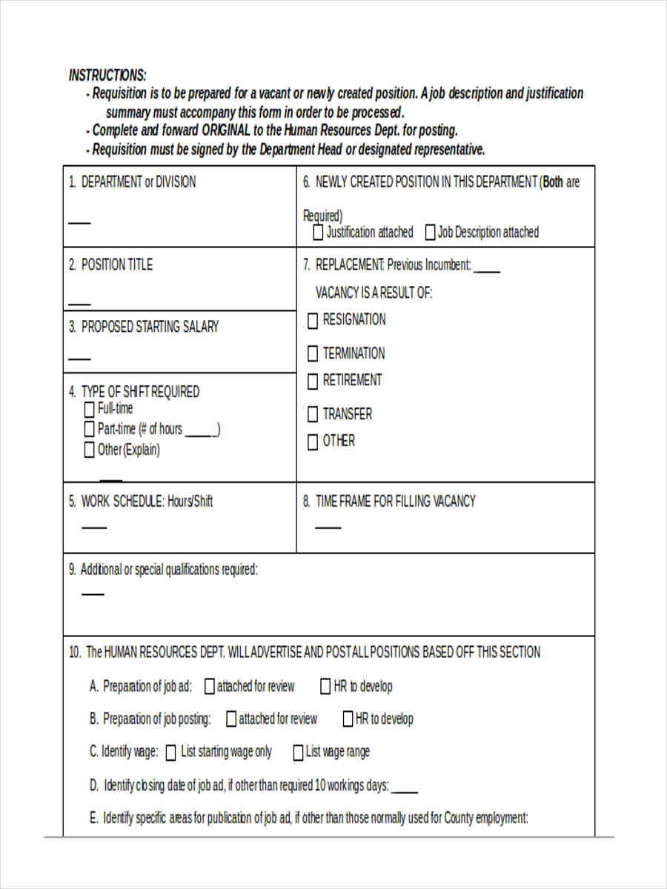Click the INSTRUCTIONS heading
[x=107, y=76]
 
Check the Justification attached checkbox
[x=318, y=233]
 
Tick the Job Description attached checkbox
[x=430, y=233]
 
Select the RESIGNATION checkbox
[x=313, y=321]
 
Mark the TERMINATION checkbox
[x=313, y=354]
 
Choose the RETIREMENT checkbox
[x=313, y=382]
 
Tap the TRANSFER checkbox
[x=313, y=415]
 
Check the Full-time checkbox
[x=89, y=410]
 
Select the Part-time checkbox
[x=89, y=430]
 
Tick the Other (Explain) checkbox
[x=89, y=450]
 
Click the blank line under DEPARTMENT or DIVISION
[x=79, y=222]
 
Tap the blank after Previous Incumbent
[x=487, y=270]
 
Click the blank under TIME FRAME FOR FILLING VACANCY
[x=328, y=527]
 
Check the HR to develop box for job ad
[x=325, y=687]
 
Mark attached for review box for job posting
[x=231, y=719]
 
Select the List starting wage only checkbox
[x=171, y=753]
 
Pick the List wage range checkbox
[x=298, y=753]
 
